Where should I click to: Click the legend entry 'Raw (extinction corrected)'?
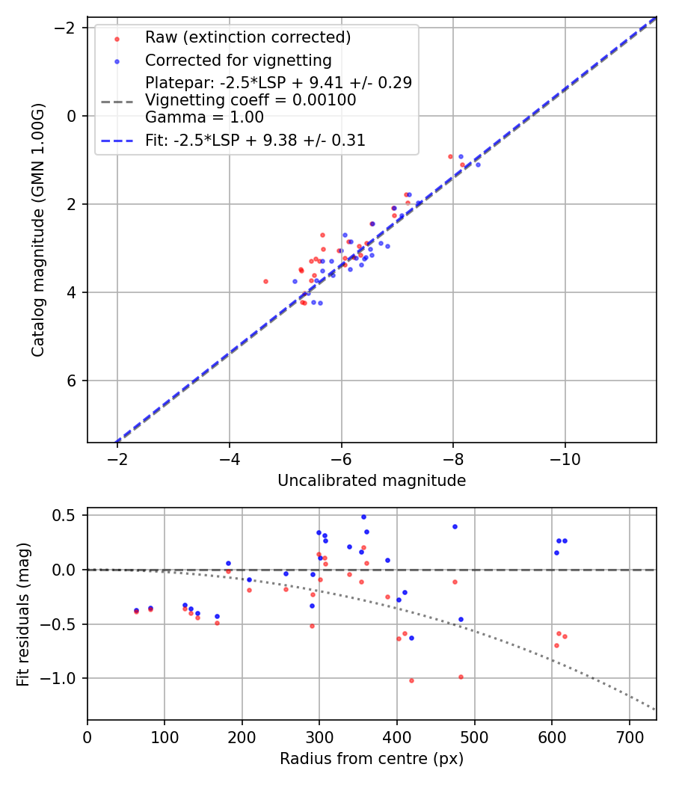[248, 37]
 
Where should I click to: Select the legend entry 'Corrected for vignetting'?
[238, 60]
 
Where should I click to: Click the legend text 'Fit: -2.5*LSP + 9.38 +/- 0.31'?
[255, 140]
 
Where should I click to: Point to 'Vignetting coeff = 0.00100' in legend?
[251, 100]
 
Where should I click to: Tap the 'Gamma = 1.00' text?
[204, 117]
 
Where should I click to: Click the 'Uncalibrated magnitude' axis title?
[372, 481]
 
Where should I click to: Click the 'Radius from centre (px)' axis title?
[372, 759]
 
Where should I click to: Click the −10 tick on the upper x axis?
[565, 458]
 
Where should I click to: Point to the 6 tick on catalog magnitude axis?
[73, 381]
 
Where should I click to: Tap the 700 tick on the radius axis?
[629, 736]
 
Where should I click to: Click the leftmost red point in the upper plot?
[265, 281]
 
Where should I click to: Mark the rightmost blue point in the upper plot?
[478, 164]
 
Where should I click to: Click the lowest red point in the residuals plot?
[411, 680]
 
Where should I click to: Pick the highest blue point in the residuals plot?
[363, 517]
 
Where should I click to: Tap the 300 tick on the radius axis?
[319, 736]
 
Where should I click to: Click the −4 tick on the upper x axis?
[229, 458]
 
